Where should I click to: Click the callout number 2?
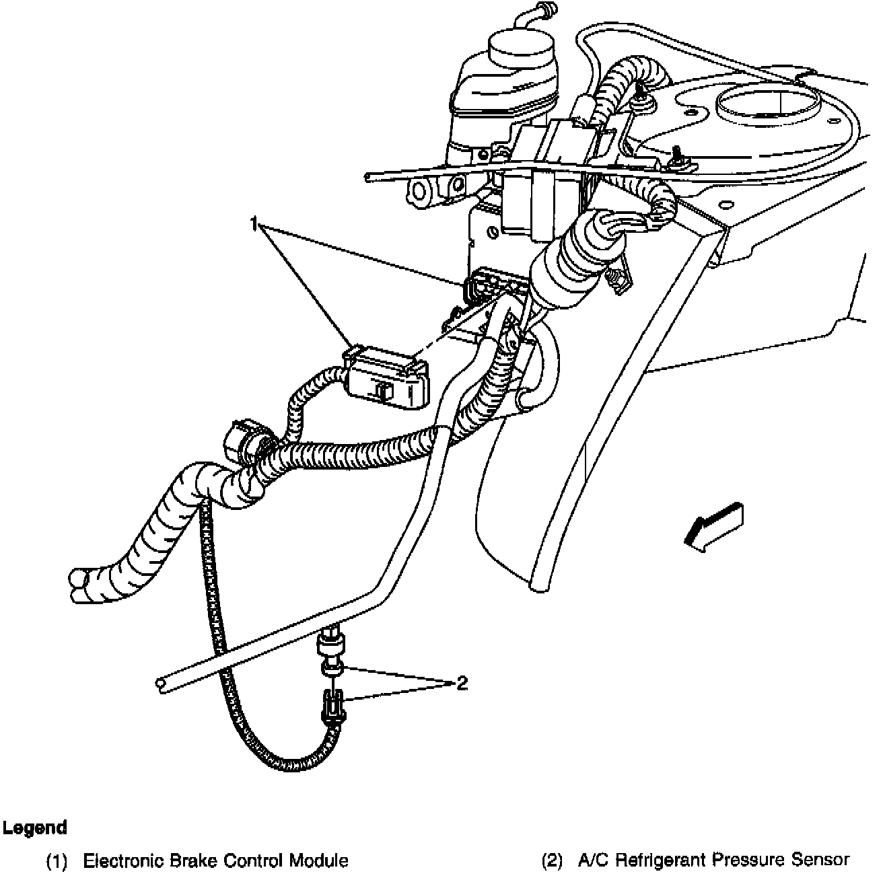(x=462, y=684)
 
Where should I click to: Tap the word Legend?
(x=34, y=828)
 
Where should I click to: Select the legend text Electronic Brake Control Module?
(x=215, y=860)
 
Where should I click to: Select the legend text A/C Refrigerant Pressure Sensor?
(x=713, y=860)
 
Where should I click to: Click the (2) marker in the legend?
(x=552, y=860)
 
